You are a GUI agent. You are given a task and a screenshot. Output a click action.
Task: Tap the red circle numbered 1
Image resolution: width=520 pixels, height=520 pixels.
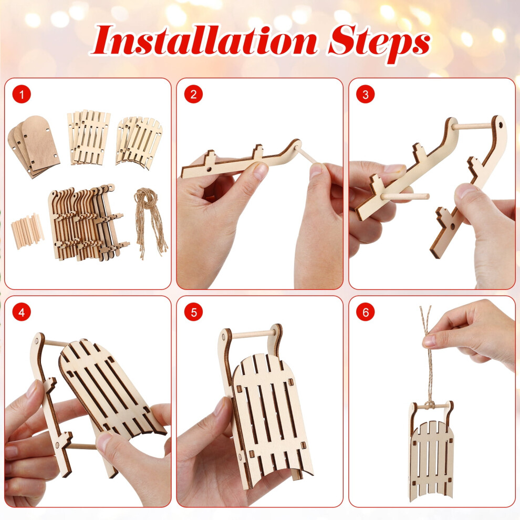point(22,95)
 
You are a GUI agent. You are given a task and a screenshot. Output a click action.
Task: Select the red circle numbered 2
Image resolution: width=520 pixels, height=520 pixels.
point(193,95)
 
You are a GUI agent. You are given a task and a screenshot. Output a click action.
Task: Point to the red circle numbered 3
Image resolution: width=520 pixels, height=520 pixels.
point(365,95)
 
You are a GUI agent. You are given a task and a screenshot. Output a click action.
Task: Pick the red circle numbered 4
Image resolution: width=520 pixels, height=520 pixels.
point(22,312)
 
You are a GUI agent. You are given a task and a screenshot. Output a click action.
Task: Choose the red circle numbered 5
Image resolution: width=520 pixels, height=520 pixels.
point(193,312)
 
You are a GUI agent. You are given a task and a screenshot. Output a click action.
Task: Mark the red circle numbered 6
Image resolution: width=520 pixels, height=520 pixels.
point(365,312)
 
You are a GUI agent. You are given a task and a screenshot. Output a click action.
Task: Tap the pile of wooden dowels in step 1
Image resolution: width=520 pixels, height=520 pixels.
point(28,231)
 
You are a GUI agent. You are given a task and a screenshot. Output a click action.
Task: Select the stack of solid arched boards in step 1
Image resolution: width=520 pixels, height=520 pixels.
point(34,146)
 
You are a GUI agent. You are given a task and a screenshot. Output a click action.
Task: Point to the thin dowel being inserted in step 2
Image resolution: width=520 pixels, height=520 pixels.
point(309,155)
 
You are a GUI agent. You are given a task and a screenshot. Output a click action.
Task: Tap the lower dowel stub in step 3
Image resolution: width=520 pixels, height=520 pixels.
point(405,196)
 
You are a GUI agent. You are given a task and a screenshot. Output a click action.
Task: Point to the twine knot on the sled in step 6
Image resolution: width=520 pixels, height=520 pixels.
point(430,405)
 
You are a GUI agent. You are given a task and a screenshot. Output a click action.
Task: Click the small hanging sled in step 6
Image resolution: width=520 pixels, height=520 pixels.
point(431,450)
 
